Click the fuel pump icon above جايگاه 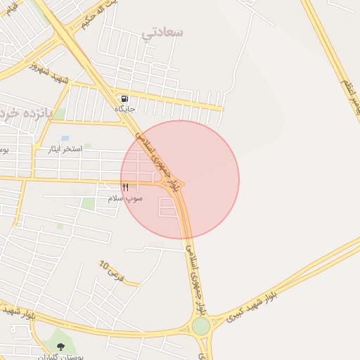pyautogui.click(x=124, y=98)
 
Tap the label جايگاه pyautogui.click(x=124, y=109)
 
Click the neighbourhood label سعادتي pyautogui.click(x=162, y=32)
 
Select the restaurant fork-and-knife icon pyautogui.click(x=125, y=187)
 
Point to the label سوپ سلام pyautogui.click(x=125, y=198)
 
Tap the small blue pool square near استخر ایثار pyautogui.click(x=65, y=138)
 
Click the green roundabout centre pyautogui.click(x=201, y=326)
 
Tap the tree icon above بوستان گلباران pyautogui.click(x=60, y=346)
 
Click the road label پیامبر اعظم pyautogui.click(x=349, y=98)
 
